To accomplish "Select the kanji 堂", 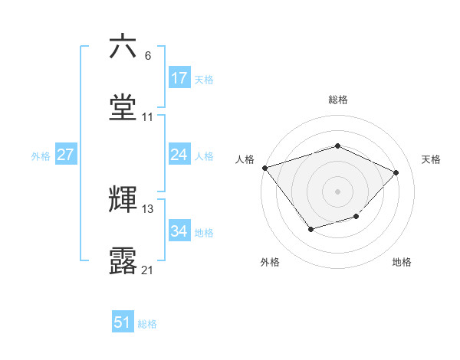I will (123, 107).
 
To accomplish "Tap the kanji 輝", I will (123, 199).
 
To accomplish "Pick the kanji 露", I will (123, 260).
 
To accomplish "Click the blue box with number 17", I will (179, 78).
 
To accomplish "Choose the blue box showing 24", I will (179, 155).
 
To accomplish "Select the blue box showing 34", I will (179, 232).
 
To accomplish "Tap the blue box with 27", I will (66, 155).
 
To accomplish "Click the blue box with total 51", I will (123, 322).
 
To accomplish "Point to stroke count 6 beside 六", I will (148, 56).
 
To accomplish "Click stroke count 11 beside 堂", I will (148, 117).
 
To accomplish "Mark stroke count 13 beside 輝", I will (148, 209).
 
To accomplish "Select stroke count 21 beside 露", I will (148, 270).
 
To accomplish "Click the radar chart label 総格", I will (338, 100).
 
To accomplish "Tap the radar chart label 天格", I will (431, 159).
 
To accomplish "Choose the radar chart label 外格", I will (270, 262).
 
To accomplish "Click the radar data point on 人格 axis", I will (264, 168).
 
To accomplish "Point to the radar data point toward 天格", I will (396, 172).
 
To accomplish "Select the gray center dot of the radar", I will (337, 191).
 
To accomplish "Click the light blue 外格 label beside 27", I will (41, 156).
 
